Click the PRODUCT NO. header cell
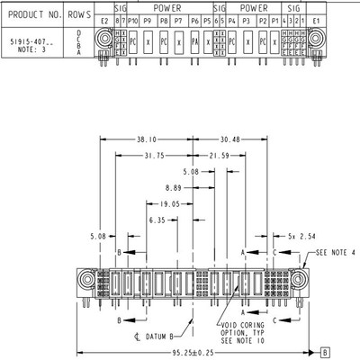point(31,13)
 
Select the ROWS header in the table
point(79,13)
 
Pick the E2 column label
point(103,20)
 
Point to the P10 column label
point(133,20)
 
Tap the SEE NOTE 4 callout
point(335,253)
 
